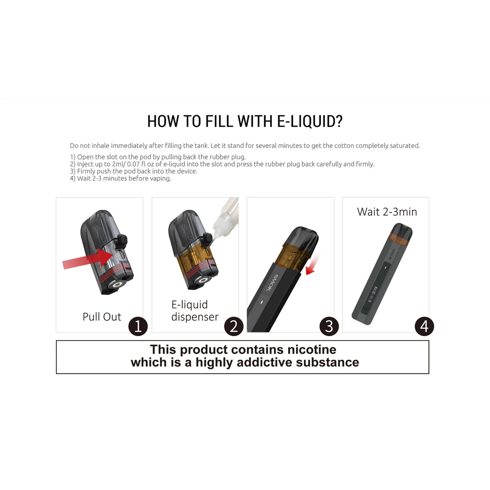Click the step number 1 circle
pos(138,326)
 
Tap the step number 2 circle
pos(234,326)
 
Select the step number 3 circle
pos(329,326)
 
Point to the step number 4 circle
pos(424,326)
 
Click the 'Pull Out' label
pos(101,317)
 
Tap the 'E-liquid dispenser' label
pos(195,311)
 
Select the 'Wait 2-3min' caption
pos(387,212)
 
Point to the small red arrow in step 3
pos(313,265)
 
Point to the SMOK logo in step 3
pos(271,283)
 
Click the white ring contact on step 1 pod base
pos(118,284)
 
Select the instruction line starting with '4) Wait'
pos(121,178)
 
